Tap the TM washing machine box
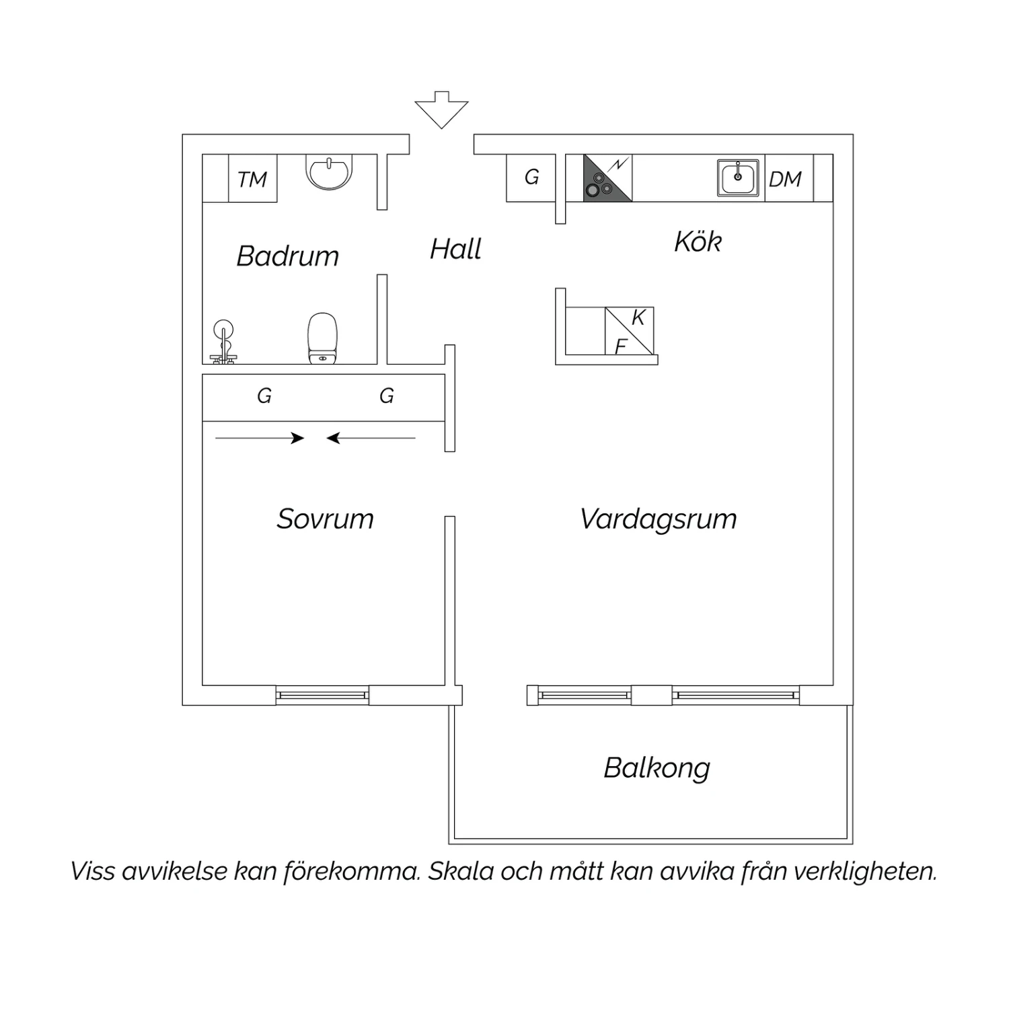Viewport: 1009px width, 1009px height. coord(253,178)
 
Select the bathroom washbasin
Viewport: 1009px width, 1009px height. coord(329,172)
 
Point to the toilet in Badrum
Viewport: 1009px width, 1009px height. coord(322,338)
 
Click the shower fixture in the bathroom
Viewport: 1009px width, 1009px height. coord(223,342)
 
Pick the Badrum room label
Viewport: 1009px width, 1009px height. coord(288,256)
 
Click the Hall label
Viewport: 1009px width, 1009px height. coord(455,250)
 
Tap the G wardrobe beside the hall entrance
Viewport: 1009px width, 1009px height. coord(531,178)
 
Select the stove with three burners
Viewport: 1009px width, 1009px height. coord(607,178)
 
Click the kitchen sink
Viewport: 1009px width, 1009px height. coord(738,178)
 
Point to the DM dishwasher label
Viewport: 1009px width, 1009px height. coord(785,180)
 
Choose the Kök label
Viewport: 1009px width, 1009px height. coord(698,241)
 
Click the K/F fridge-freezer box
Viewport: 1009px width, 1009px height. coord(629,331)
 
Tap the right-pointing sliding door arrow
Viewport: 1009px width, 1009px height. coord(260,439)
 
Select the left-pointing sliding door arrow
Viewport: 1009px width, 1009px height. coord(371,439)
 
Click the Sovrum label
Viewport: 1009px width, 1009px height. coord(325,519)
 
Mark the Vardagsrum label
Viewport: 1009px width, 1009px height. coord(659,519)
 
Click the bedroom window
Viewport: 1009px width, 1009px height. coord(322,695)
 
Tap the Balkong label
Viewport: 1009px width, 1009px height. coord(657,768)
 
